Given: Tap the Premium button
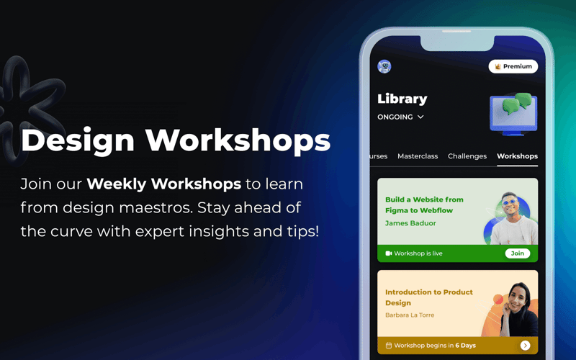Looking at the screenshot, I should (x=513, y=66).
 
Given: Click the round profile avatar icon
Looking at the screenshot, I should (x=384, y=66).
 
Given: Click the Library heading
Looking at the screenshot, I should (x=402, y=99).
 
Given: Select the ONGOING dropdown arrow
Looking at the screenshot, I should (x=420, y=117).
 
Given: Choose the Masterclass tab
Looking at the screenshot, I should (x=418, y=156).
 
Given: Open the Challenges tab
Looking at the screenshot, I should (x=467, y=156).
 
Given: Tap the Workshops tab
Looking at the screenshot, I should (x=517, y=156).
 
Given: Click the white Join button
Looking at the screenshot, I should (x=518, y=253).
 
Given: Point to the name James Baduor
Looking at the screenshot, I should (x=410, y=223).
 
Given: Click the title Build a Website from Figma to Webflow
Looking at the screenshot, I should (x=424, y=205).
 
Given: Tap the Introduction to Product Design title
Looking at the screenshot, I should (x=429, y=297).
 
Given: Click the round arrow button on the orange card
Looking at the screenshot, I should (x=526, y=346).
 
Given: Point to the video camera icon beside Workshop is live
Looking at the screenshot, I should (x=389, y=253).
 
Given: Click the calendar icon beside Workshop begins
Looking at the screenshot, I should (x=389, y=346).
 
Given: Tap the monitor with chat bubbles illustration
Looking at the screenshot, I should (x=513, y=112).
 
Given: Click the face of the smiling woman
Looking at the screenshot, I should (x=518, y=296).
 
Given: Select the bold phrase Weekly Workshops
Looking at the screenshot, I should (x=163, y=184).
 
